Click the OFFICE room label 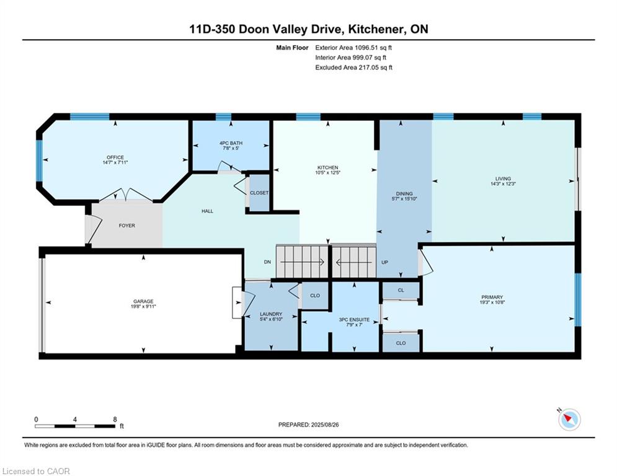tap(115, 157)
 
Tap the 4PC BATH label tap(231, 143)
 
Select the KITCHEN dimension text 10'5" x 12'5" tap(328, 172)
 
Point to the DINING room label tap(404, 193)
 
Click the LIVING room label tap(503, 178)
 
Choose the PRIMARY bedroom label tap(492, 297)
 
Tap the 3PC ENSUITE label tap(354, 320)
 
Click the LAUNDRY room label tap(271, 314)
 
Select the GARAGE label tap(143, 301)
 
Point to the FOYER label tap(127, 226)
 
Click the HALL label tap(207, 211)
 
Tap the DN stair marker tap(268, 262)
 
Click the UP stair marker tap(385, 262)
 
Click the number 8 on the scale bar tap(115, 420)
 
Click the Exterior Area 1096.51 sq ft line tap(353, 48)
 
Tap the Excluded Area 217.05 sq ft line tap(353, 68)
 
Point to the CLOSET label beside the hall tap(259, 193)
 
